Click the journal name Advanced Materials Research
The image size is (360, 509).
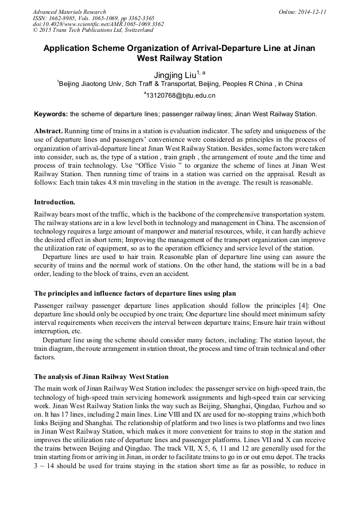tap(69, 12)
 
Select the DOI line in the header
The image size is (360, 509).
tap(98, 24)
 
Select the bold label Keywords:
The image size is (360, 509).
tap(51, 114)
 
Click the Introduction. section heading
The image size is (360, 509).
tap(55, 202)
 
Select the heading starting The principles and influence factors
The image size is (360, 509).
tap(135, 294)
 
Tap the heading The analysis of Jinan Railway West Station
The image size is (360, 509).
tap(101, 376)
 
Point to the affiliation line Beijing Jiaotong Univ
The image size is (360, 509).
tap(179, 84)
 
